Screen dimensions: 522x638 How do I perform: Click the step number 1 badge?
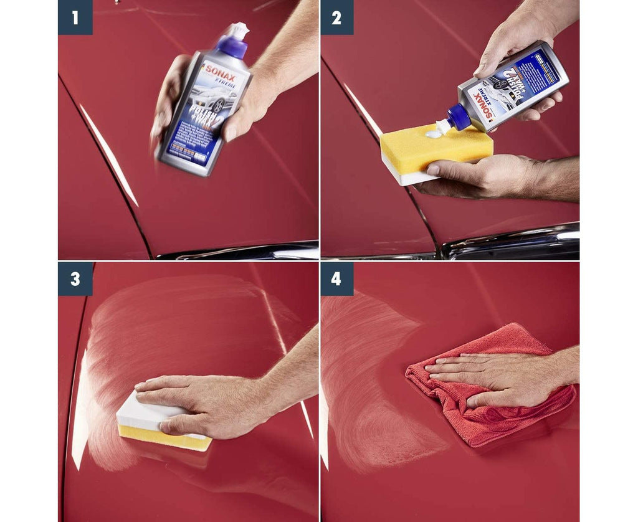point(75,17)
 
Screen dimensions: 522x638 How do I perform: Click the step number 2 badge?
point(336,17)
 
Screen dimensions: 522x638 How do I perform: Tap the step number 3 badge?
point(75,278)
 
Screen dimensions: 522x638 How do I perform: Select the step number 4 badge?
point(336,278)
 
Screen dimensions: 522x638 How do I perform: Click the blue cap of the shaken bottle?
point(232,46)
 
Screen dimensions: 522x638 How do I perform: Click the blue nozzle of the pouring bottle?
point(459,117)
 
